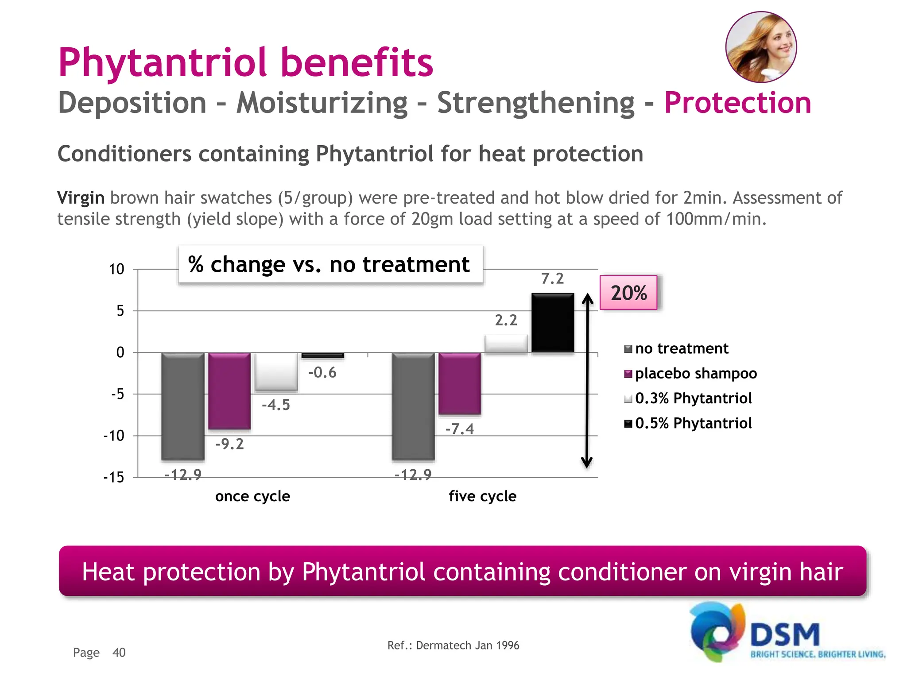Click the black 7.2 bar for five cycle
(553, 323)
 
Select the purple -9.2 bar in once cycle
(229, 390)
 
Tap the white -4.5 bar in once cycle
(276, 371)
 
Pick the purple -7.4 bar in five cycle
(460, 383)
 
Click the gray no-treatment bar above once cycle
(183, 406)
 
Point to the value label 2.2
(506, 320)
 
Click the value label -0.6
(322, 372)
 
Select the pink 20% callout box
(628, 293)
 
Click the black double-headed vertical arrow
(587, 381)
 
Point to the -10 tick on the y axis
(114, 436)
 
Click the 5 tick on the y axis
(120, 311)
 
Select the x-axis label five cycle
(482, 496)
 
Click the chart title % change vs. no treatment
(329, 264)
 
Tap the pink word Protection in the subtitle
(737, 103)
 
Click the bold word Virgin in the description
(81, 197)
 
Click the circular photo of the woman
(761, 47)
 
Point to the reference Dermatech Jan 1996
(453, 645)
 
